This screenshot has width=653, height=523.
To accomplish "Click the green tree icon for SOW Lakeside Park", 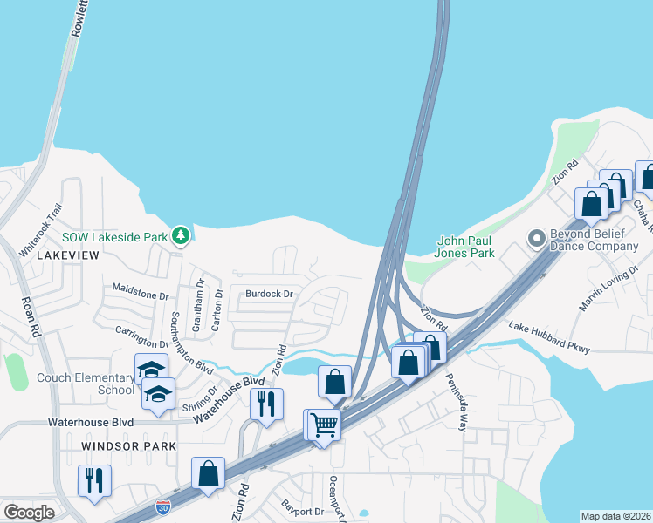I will click(181, 235).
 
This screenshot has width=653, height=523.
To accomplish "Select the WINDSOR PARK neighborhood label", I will click(128, 445).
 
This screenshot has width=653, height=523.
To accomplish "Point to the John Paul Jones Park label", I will click(465, 247).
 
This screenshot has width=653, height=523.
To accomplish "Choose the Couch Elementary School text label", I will click(85, 384).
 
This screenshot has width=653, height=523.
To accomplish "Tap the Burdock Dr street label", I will click(269, 294).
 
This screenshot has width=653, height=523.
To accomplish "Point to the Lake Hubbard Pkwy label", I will click(549, 337).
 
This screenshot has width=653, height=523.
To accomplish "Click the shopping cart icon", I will click(324, 425).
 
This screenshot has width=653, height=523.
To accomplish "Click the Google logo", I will click(29, 513).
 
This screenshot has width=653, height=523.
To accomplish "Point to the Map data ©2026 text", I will click(615, 516).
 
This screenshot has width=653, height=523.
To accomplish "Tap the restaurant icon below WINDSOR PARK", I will click(93, 480).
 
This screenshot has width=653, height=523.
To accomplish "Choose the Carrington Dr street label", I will click(142, 338).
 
